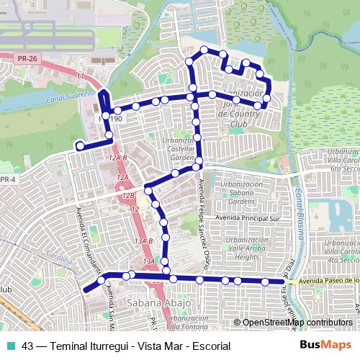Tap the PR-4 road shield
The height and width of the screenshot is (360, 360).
pos(7,179)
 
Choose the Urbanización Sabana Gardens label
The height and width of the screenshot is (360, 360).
pos(241,193)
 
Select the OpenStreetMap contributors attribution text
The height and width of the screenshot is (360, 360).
pos(297,322)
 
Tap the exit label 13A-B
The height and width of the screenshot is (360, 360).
pos(145,240)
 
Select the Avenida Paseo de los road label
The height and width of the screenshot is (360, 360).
pos(328,281)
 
